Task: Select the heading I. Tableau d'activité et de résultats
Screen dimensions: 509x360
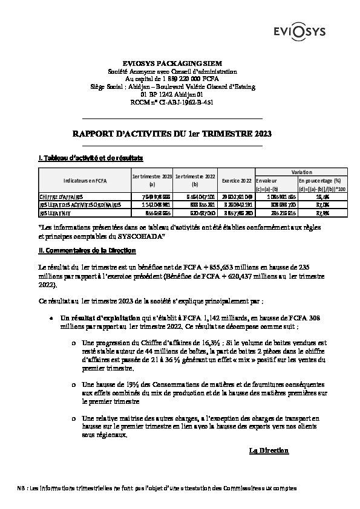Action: pyautogui.click(x=90, y=158)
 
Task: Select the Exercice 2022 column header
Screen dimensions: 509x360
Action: pyautogui.click(x=237, y=180)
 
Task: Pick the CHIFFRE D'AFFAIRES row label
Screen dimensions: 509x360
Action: pyautogui.click(x=61, y=197)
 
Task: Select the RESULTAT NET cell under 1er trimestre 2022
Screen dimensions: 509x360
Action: pyautogui.click(x=194, y=213)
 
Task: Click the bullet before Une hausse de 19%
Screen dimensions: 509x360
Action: pyautogui.click(x=74, y=384)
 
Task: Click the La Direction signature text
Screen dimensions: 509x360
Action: pyautogui.click(x=269, y=451)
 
